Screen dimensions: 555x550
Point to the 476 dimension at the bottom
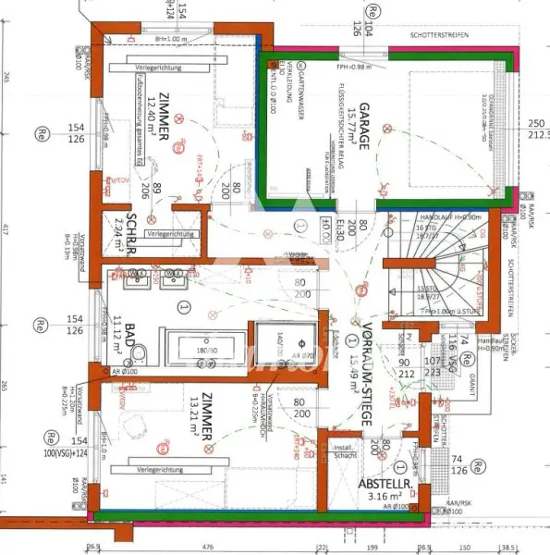pos(183,546)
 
